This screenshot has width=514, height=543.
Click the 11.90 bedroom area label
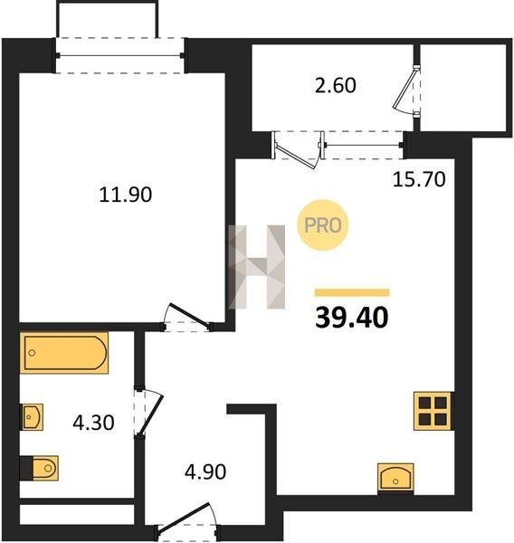pyautogui.click(x=126, y=195)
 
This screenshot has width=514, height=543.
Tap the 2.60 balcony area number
pyautogui.click(x=336, y=86)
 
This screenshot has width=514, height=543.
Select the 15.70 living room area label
pyautogui.click(x=419, y=180)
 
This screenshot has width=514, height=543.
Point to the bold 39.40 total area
pyautogui.click(x=352, y=318)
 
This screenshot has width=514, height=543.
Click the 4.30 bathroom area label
pyautogui.click(x=93, y=423)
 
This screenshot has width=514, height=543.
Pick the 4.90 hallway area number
pyautogui.click(x=205, y=472)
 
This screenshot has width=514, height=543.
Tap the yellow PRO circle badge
pyautogui.click(x=323, y=225)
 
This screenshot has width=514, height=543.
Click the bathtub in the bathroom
pyautogui.click(x=64, y=353)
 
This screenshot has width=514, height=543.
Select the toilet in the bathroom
pyautogui.click(x=45, y=468)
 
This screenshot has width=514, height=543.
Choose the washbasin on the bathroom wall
pyautogui.click(x=33, y=417)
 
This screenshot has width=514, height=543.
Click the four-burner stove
pyautogui.click(x=433, y=411)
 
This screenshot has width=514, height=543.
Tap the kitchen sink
pyautogui.click(x=395, y=478)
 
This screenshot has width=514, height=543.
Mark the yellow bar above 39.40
pyautogui.click(x=352, y=293)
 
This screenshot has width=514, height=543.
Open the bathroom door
pyautogui.click(x=148, y=412)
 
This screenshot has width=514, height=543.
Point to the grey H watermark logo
pyautogui.click(x=257, y=267)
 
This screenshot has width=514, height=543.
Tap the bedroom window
pyautogui.click(x=119, y=55)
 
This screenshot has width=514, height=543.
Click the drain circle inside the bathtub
pyautogui.click(x=33, y=353)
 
